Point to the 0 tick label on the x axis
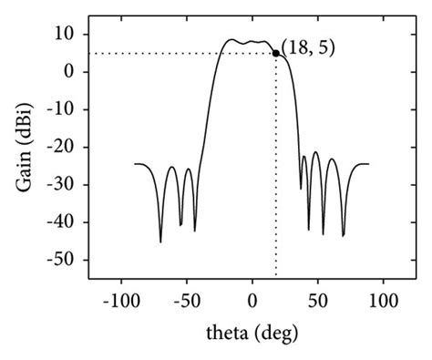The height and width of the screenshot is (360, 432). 252,299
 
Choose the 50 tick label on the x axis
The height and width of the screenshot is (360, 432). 318,299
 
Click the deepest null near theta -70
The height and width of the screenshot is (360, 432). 160,242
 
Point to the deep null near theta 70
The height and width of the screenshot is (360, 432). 344,236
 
